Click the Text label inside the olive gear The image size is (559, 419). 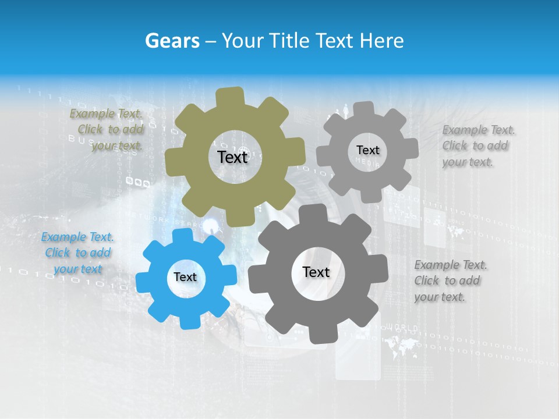(x=232, y=157)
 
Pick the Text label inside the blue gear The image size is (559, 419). (x=185, y=277)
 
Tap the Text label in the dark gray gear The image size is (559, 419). (x=316, y=272)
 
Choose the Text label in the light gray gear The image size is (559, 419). (x=367, y=150)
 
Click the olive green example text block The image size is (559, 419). (x=106, y=130)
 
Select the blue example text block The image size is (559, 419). (x=77, y=253)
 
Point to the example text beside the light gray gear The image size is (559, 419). (x=478, y=145)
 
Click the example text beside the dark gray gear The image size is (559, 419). (x=450, y=280)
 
